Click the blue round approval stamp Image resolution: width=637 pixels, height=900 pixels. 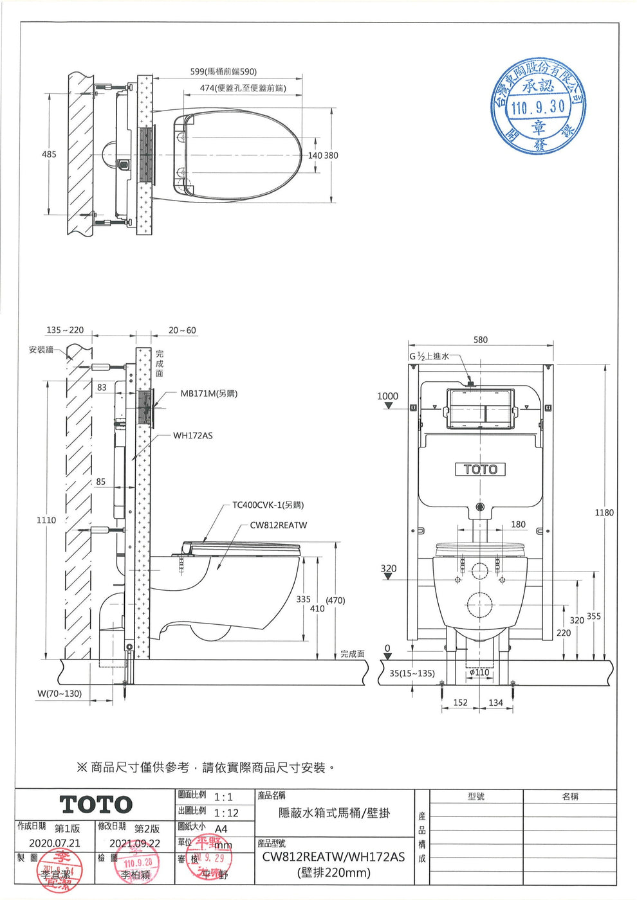[539, 107]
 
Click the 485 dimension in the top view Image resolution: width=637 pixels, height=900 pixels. [50, 154]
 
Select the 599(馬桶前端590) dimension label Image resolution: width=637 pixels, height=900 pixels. [223, 71]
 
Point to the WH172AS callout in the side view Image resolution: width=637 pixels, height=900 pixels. [192, 435]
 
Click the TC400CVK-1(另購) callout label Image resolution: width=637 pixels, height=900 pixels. [268, 505]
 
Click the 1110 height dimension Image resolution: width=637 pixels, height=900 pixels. [46, 519]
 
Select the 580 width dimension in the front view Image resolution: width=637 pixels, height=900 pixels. [481, 339]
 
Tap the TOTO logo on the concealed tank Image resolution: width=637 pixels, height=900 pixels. [481, 469]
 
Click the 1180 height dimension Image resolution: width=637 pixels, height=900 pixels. [604, 512]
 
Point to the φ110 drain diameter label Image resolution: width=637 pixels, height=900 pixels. [479, 672]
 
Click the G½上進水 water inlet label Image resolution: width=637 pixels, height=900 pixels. [429, 356]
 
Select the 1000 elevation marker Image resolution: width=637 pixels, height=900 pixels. [387, 396]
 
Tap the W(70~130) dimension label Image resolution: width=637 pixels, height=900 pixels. [59, 694]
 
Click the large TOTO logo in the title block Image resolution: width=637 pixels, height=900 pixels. [96, 804]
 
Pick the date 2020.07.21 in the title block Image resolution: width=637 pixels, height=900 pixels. [55, 843]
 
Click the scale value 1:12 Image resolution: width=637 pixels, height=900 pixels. [226, 813]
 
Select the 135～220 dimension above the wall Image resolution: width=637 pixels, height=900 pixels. [65, 330]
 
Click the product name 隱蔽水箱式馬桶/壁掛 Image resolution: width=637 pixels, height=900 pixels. [334, 813]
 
